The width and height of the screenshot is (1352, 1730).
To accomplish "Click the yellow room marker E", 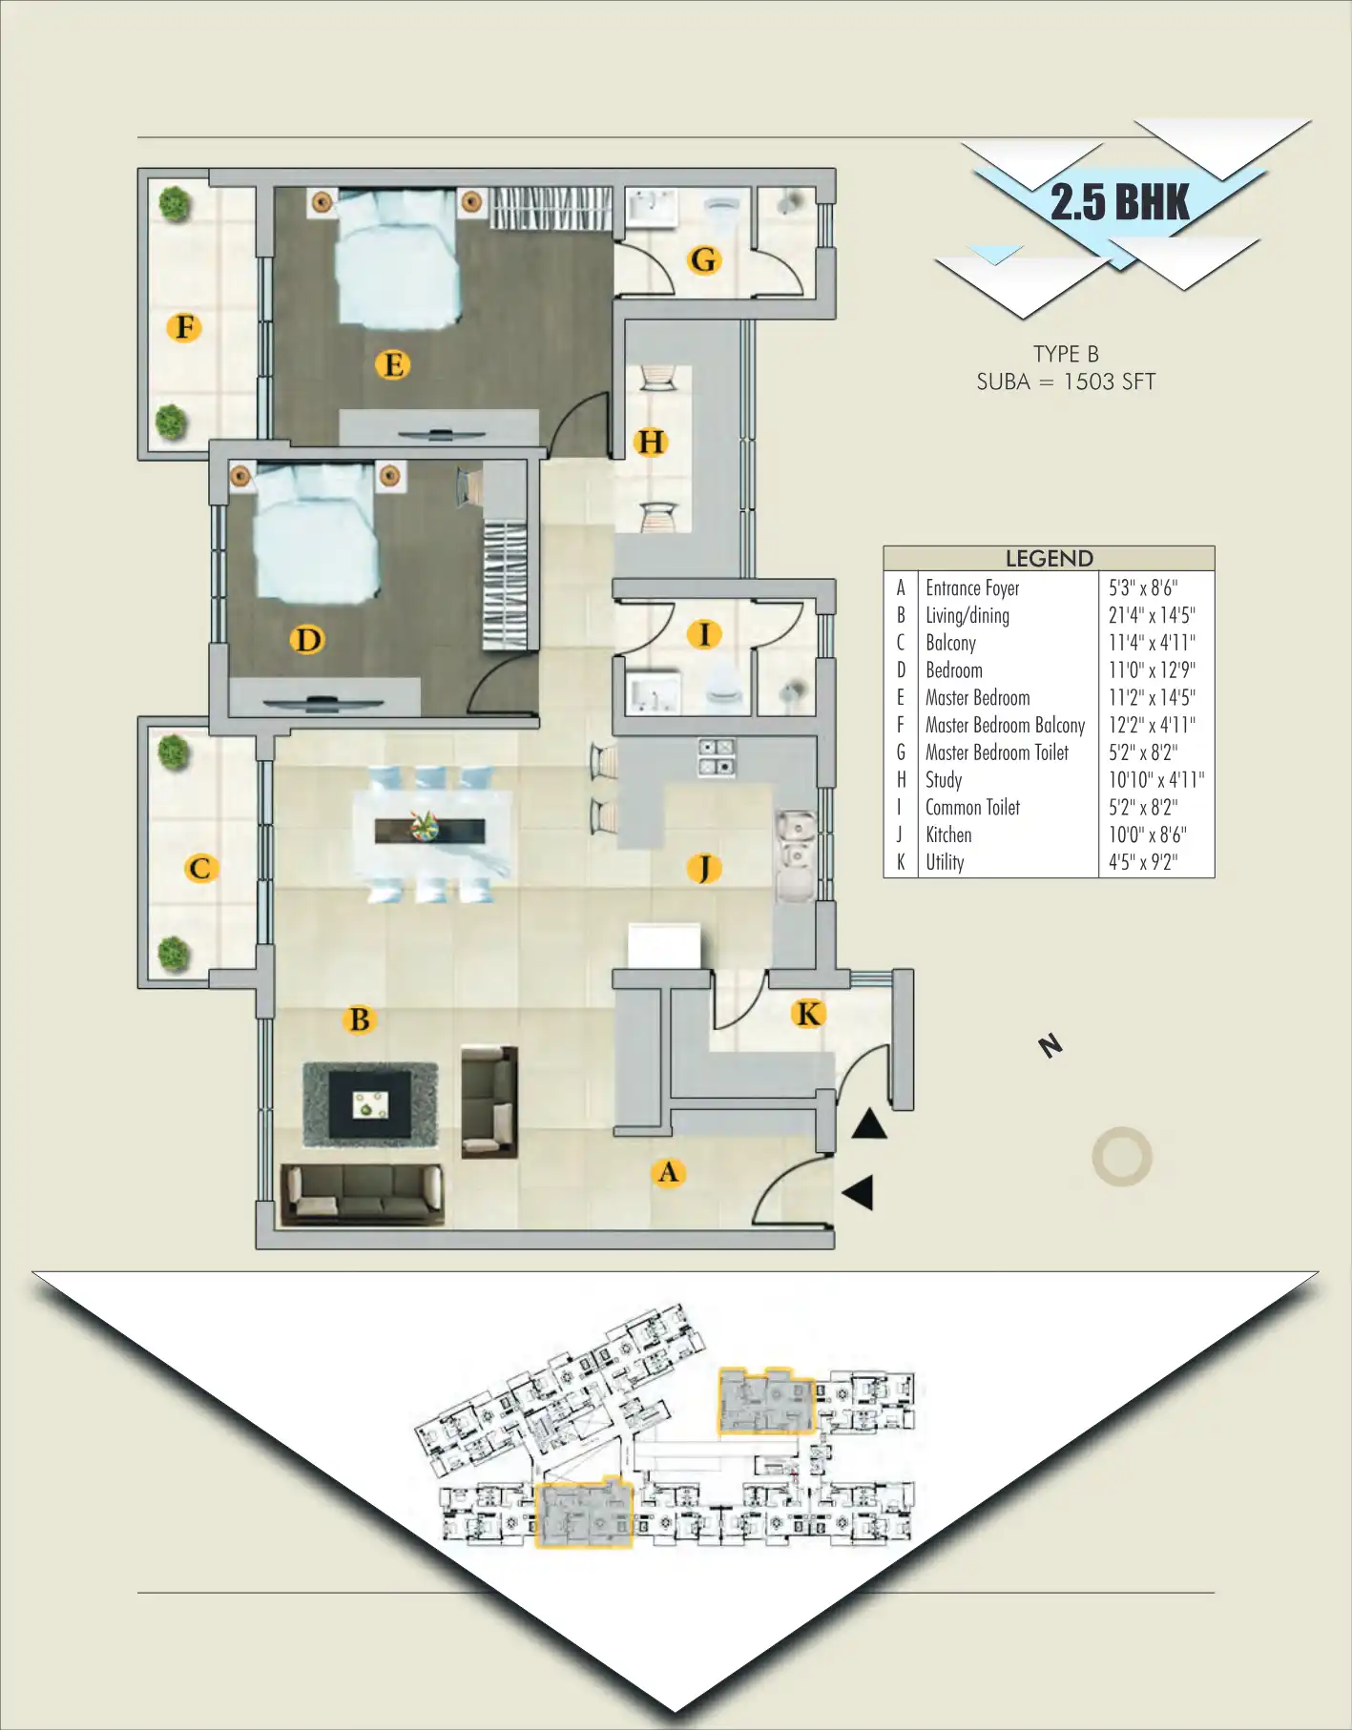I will [x=392, y=364].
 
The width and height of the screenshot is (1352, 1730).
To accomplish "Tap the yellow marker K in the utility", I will [x=808, y=1014].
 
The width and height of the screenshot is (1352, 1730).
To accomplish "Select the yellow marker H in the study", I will [x=651, y=442].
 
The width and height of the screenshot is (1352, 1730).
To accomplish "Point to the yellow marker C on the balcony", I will [x=200, y=868].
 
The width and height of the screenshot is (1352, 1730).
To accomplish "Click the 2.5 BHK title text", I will [x=1119, y=202].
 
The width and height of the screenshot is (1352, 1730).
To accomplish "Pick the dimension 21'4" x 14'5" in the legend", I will [x=1151, y=616].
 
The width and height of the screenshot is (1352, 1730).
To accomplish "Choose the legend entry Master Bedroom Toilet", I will [x=996, y=752].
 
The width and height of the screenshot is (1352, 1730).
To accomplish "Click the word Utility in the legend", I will [x=945, y=862].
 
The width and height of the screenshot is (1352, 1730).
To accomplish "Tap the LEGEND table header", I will [x=1049, y=558].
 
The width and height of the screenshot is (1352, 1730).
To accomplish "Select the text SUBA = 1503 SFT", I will [x=1066, y=381].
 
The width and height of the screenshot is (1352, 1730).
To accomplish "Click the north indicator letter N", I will [x=1050, y=1045].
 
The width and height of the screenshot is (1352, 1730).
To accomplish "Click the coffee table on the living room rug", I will [x=370, y=1104].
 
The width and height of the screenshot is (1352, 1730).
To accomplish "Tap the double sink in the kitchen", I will [x=794, y=839].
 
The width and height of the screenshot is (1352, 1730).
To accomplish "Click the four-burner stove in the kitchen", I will [x=716, y=756].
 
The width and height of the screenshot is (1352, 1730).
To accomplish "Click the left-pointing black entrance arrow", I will [x=859, y=1192].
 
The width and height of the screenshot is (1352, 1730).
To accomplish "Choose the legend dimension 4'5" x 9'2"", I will [x=1142, y=862].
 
